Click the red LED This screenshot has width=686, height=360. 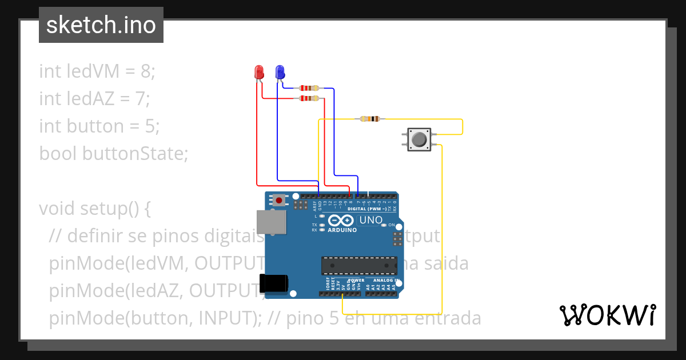(x=259, y=72)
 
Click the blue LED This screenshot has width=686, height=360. (x=280, y=72)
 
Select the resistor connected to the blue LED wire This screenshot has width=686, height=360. (x=309, y=88)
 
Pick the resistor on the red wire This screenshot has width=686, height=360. (x=309, y=98)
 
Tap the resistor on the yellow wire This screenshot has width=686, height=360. (x=370, y=119)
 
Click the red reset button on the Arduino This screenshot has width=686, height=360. (x=279, y=200)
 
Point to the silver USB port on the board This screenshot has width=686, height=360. (x=271, y=222)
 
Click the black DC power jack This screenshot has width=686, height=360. (x=274, y=285)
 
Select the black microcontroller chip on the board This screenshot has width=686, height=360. (x=359, y=266)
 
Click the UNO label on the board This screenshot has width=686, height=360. (x=370, y=220)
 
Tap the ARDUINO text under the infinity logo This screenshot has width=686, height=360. (x=342, y=230)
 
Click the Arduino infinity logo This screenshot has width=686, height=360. (x=342, y=221)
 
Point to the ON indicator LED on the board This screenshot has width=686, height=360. (x=384, y=225)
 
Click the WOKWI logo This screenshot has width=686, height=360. (x=607, y=315)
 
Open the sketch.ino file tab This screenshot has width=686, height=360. (x=101, y=25)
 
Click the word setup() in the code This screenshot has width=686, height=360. (x=108, y=209)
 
